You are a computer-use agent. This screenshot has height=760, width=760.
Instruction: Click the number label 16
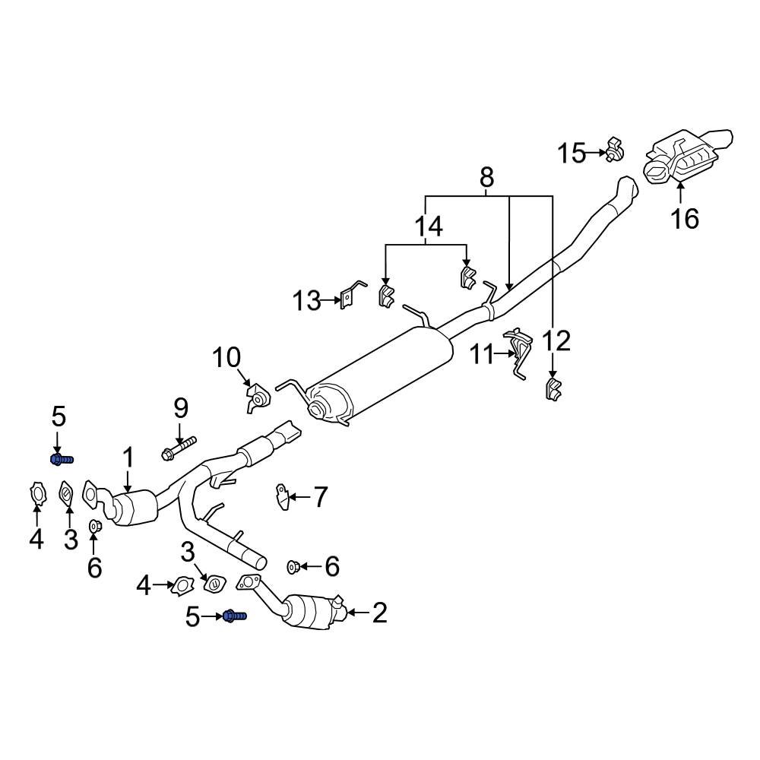click(684, 218)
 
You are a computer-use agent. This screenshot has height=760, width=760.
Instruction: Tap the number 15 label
click(572, 154)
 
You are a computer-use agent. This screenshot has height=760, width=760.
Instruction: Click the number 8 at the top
click(486, 178)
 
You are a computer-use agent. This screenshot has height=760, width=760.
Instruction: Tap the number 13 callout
click(308, 302)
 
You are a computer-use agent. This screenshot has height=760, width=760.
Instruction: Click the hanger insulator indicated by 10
click(256, 399)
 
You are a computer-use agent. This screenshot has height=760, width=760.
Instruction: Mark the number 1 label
click(128, 458)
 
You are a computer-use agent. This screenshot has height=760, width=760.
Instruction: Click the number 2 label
click(378, 613)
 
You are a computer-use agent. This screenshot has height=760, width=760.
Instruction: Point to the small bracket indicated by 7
click(282, 498)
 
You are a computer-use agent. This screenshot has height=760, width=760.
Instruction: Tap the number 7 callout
click(320, 498)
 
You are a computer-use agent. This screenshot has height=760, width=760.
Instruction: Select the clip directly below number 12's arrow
click(552, 388)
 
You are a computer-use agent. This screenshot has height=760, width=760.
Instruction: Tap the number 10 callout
click(226, 356)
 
